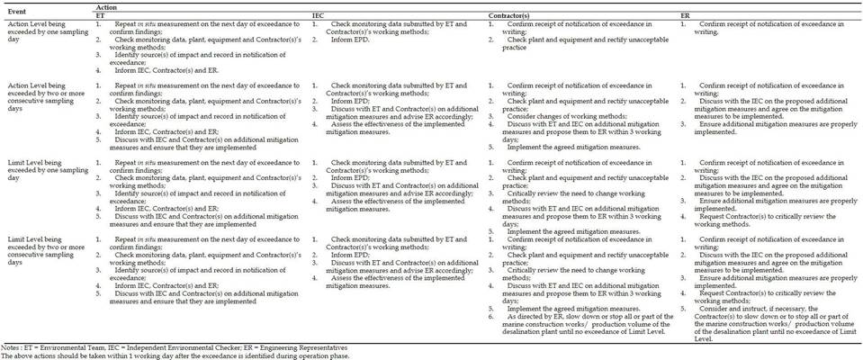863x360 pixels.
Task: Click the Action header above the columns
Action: coord(106,6)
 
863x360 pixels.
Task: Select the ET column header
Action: coord(99,15)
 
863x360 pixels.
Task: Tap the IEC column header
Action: coord(318,15)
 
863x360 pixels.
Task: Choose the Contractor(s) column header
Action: coord(508,15)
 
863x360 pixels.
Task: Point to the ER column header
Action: coord(686,15)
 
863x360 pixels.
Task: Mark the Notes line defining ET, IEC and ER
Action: coord(174,346)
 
